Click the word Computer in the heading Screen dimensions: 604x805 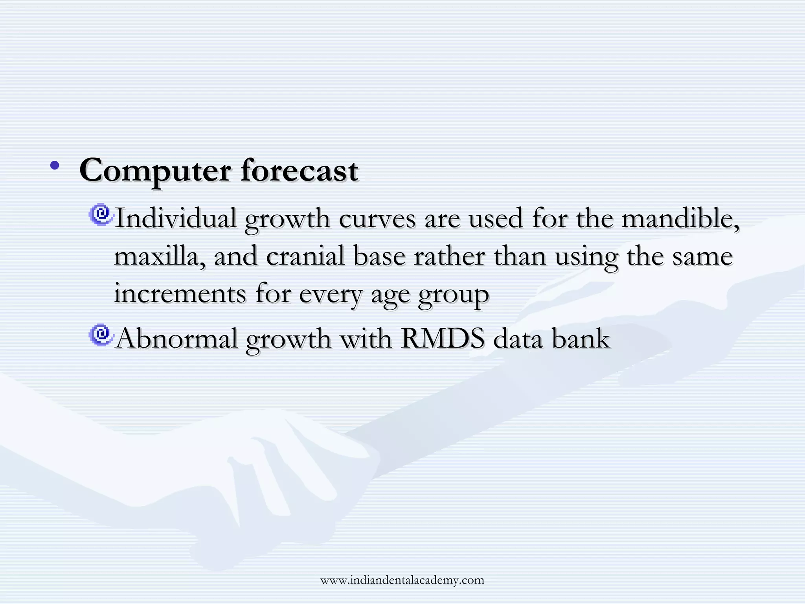tap(155, 171)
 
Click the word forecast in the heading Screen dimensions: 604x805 tap(299, 171)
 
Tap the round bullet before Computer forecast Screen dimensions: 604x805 tap(55, 166)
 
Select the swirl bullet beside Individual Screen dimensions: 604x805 tap(101, 215)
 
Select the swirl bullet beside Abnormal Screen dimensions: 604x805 tap(101, 335)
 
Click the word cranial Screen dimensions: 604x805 tap(305, 256)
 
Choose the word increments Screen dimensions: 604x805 tap(180, 294)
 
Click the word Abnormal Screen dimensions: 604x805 tap(177, 339)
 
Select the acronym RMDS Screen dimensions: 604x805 tap(442, 339)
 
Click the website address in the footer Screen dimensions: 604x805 tap(402, 580)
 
